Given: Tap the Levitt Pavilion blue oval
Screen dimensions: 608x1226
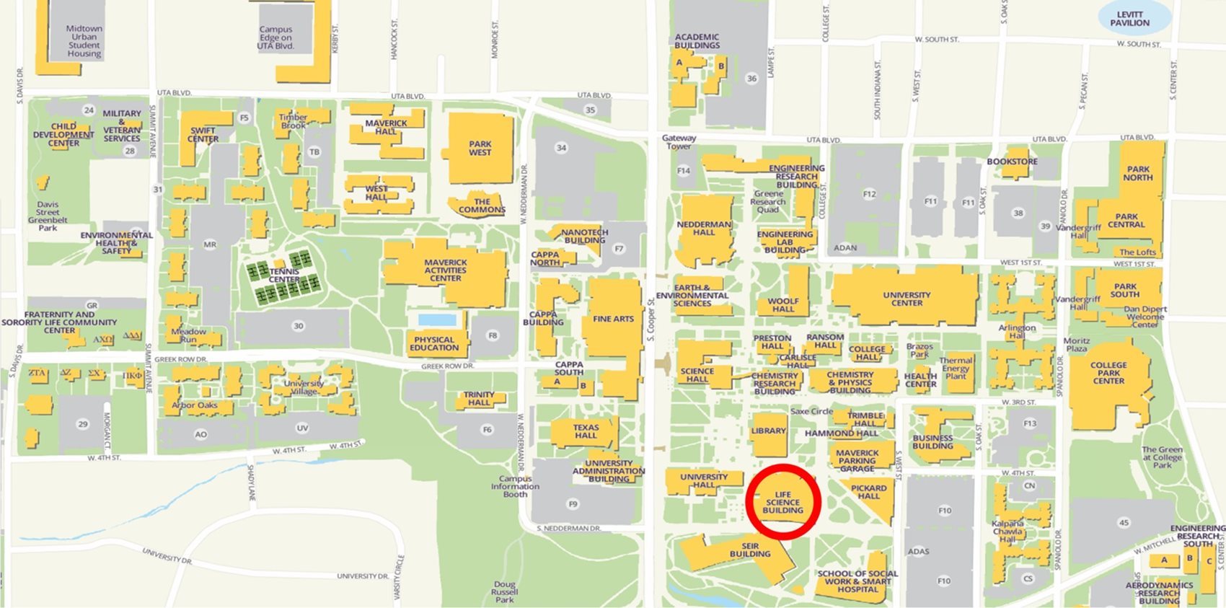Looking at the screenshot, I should coord(1129,19).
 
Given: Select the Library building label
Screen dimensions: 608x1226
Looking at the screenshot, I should coord(768,431).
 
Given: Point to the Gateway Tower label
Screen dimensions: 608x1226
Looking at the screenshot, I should coord(679,142).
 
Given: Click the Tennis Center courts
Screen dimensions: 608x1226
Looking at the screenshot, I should coord(284,276).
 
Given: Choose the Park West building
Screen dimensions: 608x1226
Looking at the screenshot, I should coord(480,149).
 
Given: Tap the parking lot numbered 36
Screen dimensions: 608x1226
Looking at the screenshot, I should coord(751,79).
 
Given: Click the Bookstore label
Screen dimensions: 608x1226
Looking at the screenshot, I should coord(1012,162).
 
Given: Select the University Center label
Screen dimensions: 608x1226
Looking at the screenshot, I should coord(907,299).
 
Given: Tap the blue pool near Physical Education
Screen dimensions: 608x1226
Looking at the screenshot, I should coord(437,320).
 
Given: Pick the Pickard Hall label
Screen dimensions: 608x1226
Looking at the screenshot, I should coord(868,492).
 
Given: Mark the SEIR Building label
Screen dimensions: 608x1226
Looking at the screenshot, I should coord(750,550).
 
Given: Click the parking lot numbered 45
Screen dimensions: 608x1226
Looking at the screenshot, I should coord(1124,523).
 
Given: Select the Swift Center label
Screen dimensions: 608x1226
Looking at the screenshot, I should coord(203,135).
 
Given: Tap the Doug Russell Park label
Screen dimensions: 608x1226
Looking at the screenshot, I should coord(505,591).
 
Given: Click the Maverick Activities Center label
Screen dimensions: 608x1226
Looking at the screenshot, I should coord(445,270).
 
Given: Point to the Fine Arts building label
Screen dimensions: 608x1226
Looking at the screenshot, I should coord(613,319).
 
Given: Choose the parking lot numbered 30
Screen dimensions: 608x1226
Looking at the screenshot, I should coord(298,326).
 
